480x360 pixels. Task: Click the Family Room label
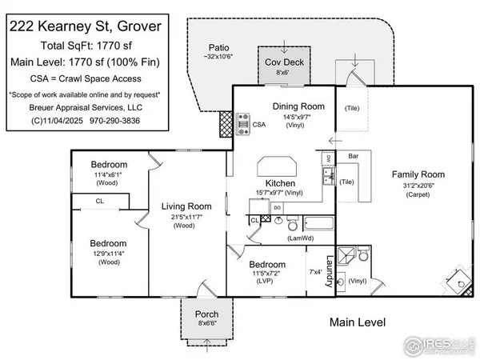pos(417,174)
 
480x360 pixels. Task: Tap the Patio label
pos(219,47)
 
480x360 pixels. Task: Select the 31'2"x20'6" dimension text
pos(417,185)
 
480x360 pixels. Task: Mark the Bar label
pos(351,156)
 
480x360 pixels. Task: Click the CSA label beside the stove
pos(259,125)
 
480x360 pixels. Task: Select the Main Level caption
pos(358,322)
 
